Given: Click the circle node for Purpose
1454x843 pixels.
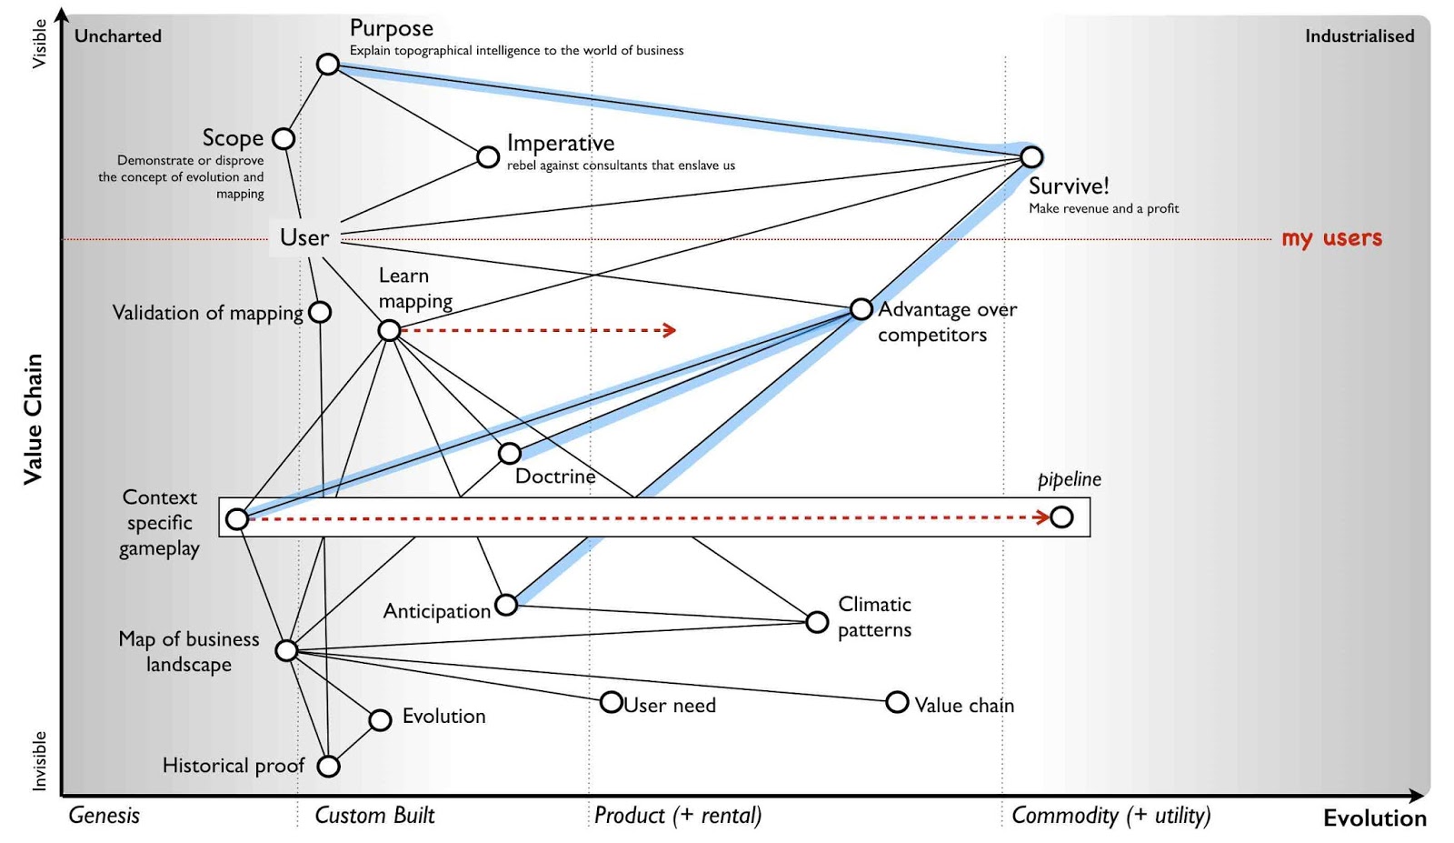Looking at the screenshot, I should tap(328, 65).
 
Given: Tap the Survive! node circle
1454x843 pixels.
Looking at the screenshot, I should tap(1031, 156).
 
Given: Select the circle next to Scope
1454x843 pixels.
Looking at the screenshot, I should tap(284, 138).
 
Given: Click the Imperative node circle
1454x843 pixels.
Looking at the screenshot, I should tap(488, 156).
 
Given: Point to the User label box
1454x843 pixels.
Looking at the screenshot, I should tap(304, 237).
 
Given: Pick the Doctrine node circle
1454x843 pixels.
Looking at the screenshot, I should tap(510, 453).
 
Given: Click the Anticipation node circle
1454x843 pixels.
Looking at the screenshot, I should tap(506, 604).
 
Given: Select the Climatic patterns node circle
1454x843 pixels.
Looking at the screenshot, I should tap(817, 622).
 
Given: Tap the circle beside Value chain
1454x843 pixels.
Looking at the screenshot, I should tap(897, 702).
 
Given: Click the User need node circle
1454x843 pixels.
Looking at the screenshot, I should tap(612, 702).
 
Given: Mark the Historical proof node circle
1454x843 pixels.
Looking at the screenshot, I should tap(328, 766).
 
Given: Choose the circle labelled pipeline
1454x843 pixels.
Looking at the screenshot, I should tap(1061, 517).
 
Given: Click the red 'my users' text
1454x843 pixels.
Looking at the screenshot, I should tap(1331, 238).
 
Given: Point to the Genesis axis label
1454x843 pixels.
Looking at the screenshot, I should tap(104, 815).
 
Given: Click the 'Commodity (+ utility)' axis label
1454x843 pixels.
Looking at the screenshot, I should tap(1110, 815).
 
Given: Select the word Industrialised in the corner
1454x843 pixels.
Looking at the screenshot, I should tap(1359, 36).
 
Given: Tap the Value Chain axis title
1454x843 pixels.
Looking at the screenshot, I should tap(33, 418).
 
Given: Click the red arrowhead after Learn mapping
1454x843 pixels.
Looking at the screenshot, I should tap(670, 330).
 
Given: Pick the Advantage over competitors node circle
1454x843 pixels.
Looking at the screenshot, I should tap(861, 309).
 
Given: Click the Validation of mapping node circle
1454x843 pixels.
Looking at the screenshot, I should tap(320, 312).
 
